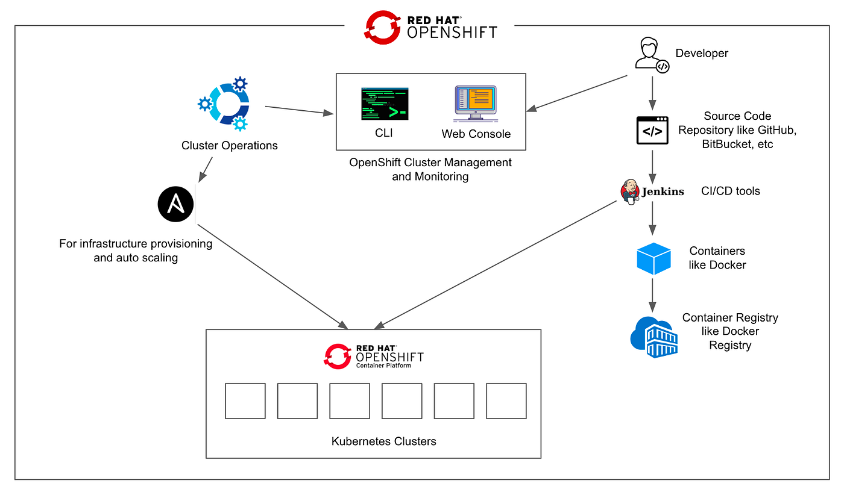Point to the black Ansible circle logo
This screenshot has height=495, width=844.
point(175,205)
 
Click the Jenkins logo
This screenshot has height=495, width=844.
point(652,191)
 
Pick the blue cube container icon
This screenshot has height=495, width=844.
point(653,258)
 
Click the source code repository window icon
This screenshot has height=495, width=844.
point(652,131)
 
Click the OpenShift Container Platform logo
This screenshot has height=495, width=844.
point(374,356)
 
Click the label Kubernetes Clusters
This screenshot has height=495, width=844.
point(383,441)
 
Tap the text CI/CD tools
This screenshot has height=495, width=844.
point(730,191)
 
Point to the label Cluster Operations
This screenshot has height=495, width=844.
point(229,146)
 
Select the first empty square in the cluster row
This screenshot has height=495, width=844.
point(245,401)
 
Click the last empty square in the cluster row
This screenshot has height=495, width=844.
point(506,401)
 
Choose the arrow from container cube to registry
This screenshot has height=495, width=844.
point(652,295)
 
